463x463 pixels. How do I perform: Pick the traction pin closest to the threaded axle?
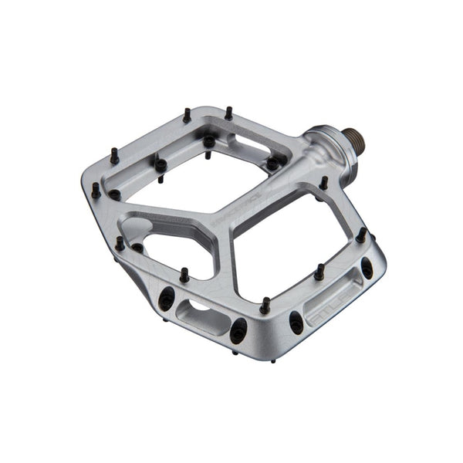pos(323,184)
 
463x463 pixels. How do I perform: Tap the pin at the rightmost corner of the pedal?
pos(360,235)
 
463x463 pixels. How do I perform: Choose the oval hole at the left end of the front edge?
pos(166,298)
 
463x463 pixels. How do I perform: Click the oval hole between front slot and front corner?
pos(238,328)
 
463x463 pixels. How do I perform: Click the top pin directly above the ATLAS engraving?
pos(318,272)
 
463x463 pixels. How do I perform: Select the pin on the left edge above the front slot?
pos(184,275)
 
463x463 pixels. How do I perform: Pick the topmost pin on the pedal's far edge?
pos(228,113)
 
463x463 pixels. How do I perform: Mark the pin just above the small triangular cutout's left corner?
pos(120,244)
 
